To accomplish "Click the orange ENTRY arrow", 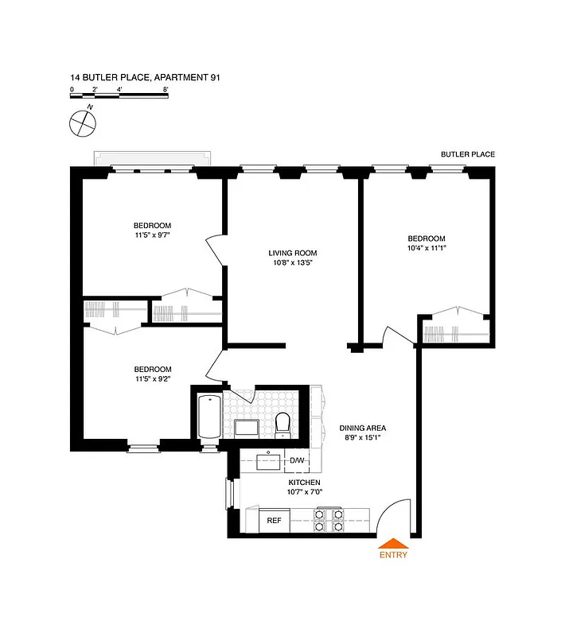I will tap(393, 542).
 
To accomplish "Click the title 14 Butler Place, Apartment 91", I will tap(145, 78).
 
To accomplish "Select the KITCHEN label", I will tap(304, 482).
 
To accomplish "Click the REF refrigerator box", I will tap(275, 521).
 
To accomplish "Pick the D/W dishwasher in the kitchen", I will tap(297, 460).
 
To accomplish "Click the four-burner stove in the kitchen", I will tap(329, 520).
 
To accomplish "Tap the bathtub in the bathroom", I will tap(209, 417).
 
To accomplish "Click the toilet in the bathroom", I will tap(282, 424).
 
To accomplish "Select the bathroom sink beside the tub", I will tap(245, 429).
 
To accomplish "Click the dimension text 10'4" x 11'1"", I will tap(427, 248).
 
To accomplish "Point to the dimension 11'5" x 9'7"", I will tap(152, 235).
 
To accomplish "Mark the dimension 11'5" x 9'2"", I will tap(152, 378).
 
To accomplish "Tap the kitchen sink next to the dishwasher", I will tap(263, 460).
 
